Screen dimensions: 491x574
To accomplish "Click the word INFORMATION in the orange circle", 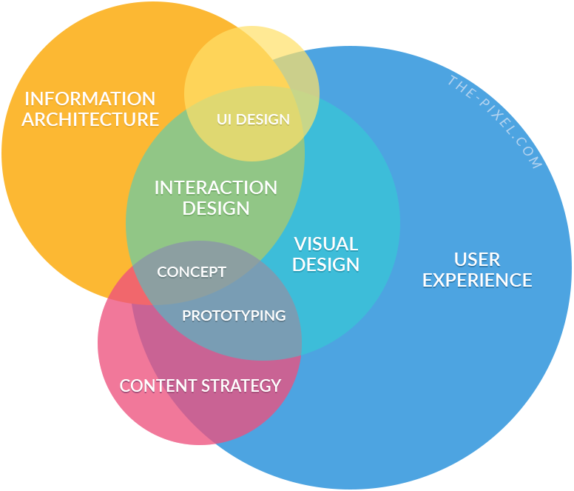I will (90, 98).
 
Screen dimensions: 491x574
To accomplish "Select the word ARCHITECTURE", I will (90, 118).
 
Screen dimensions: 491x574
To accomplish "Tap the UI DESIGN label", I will (253, 119).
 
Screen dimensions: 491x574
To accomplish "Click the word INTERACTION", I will (216, 188).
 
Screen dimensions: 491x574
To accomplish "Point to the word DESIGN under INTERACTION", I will (216, 208).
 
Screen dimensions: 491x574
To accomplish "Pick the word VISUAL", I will (326, 244).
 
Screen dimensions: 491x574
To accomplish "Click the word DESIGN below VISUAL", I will (326, 264).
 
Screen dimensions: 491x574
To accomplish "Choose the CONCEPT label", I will (192, 272).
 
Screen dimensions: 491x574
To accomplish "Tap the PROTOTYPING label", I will (234, 315).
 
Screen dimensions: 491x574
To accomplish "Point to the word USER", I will (477, 259).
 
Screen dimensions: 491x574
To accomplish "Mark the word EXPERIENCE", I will (477, 280).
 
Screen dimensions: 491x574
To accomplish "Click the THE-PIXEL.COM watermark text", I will (494, 122).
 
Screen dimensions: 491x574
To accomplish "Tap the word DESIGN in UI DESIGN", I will (263, 119).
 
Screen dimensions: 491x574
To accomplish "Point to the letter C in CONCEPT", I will (162, 272).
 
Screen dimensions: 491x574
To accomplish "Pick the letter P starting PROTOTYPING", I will (186, 315).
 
